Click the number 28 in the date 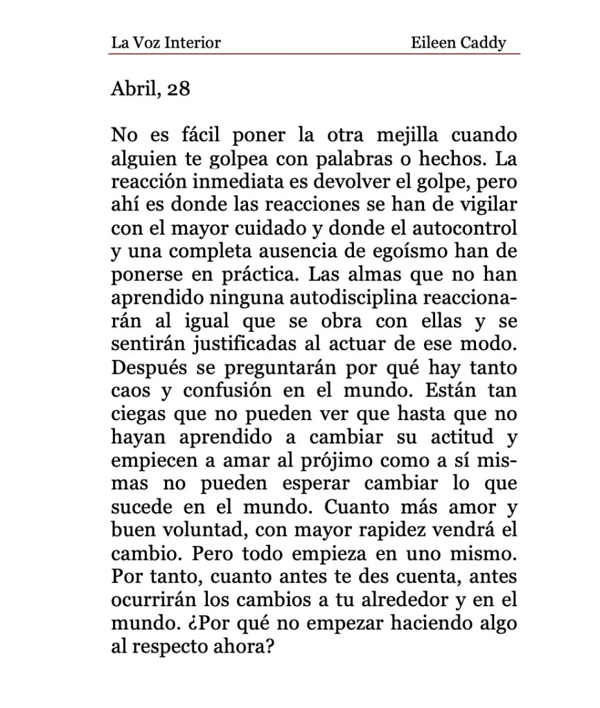[178, 89]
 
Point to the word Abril [134, 89]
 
